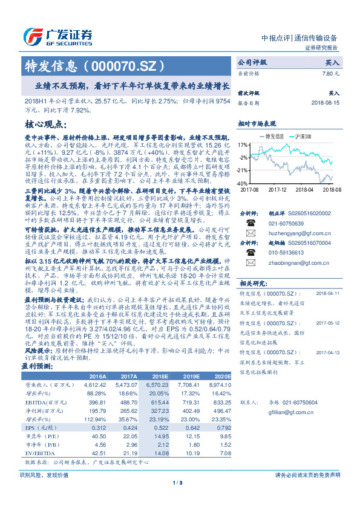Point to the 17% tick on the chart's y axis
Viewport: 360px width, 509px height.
pyautogui.click(x=243, y=145)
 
